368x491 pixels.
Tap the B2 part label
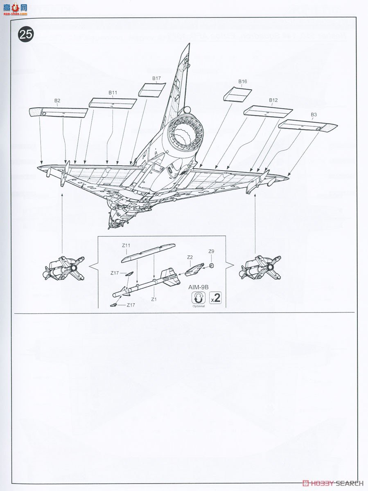pos(57,101)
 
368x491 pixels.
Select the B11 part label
pos(113,93)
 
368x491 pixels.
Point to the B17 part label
pos(156,78)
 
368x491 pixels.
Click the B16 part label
pos(242,81)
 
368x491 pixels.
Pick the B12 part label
pos(273,100)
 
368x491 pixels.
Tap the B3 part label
pos(314,115)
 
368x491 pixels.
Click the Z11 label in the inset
pos(126,245)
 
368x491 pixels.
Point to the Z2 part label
pos(190,257)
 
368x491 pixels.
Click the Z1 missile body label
pos(154,299)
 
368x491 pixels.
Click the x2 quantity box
pos(215,298)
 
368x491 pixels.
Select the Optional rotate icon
pos(198,297)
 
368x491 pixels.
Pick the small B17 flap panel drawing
pos(152,89)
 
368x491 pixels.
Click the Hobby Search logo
pos(332,483)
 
